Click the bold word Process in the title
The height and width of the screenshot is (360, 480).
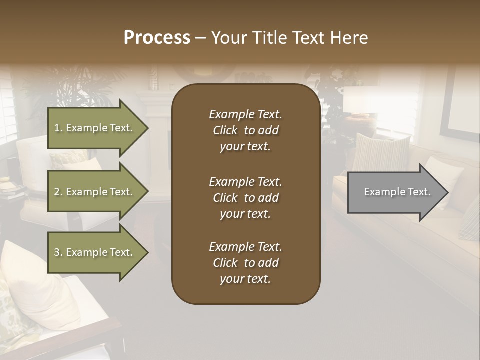tap(157, 38)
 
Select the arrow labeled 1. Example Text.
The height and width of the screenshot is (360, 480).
tap(95, 128)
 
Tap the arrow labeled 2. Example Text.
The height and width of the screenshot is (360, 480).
tap(95, 192)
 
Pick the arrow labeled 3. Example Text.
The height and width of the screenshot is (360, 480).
tap(95, 252)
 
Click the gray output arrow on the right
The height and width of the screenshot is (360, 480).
tap(395, 192)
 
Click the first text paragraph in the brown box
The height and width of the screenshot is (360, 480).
tap(245, 130)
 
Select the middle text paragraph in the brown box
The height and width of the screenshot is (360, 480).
tap(245, 198)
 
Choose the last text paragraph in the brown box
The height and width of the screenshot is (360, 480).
tap(245, 263)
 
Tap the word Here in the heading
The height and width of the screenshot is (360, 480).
tap(350, 38)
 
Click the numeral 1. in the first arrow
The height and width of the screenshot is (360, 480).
tap(58, 128)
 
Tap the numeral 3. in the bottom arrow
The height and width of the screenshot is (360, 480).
tap(58, 252)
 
